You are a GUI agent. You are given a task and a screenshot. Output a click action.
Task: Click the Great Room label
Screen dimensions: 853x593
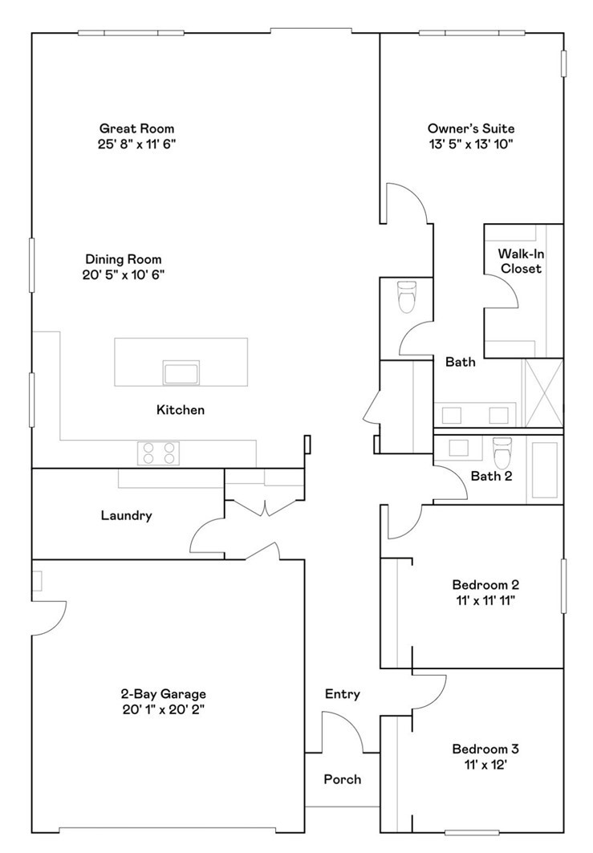pyautogui.click(x=136, y=128)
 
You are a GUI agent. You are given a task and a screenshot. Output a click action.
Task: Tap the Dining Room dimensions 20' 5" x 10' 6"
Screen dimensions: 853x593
pyautogui.click(x=124, y=274)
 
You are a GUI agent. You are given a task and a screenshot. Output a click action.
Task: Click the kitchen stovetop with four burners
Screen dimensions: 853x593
pyautogui.click(x=158, y=453)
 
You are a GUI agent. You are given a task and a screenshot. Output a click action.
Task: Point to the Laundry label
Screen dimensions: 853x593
pyautogui.click(x=126, y=516)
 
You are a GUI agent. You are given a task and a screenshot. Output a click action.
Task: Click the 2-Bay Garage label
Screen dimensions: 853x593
pyautogui.click(x=164, y=694)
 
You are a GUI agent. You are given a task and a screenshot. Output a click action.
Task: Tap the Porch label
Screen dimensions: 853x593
pyautogui.click(x=342, y=779)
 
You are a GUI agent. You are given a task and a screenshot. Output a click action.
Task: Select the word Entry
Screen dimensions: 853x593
pyautogui.click(x=342, y=694)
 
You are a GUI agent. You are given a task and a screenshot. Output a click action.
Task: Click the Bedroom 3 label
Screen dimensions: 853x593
pyautogui.click(x=485, y=749)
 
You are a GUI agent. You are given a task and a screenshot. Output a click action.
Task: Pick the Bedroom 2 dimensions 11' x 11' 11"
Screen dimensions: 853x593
pyautogui.click(x=485, y=599)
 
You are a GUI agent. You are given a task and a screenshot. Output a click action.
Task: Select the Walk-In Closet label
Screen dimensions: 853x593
pyautogui.click(x=521, y=261)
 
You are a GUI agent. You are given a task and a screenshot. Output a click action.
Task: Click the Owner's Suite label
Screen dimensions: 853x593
pyautogui.click(x=470, y=128)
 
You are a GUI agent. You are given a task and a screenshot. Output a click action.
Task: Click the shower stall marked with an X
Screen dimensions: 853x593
pyautogui.click(x=543, y=393)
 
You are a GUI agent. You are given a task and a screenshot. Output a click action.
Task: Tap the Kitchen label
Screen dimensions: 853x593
pyautogui.click(x=180, y=410)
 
